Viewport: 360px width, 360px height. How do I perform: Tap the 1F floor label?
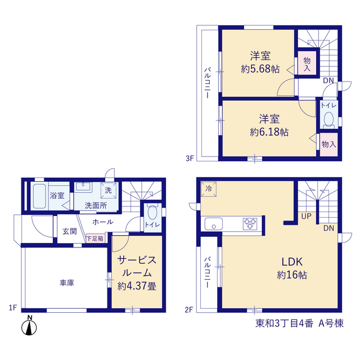click(x=13, y=308)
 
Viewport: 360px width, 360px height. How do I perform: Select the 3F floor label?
click(x=190, y=158)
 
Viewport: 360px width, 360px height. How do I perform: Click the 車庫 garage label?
click(x=67, y=282)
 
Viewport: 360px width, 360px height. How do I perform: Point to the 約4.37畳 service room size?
click(x=137, y=286)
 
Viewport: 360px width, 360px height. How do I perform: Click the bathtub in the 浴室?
click(x=39, y=196)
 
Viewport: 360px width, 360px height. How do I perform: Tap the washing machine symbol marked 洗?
click(x=109, y=190)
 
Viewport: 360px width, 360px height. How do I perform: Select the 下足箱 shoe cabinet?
click(x=95, y=238)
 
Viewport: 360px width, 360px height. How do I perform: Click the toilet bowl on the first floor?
click(x=152, y=213)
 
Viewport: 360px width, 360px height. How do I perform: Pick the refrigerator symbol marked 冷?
click(x=209, y=189)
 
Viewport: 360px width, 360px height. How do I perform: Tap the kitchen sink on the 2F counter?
click(x=214, y=224)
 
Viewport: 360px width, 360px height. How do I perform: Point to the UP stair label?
click(x=306, y=216)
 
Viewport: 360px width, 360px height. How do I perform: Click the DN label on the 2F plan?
click(x=328, y=228)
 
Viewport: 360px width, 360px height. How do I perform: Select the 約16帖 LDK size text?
click(x=292, y=274)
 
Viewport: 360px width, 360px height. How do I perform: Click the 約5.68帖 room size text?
click(x=260, y=69)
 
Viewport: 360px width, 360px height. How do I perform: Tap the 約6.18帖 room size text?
click(x=269, y=132)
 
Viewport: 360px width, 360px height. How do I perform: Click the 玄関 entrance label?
click(x=69, y=231)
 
